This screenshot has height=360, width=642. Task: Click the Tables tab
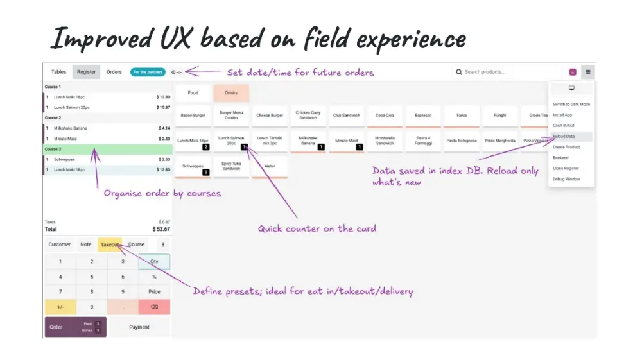(58, 72)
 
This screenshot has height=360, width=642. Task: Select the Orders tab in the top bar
(114, 72)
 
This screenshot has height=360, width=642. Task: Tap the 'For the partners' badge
(148, 72)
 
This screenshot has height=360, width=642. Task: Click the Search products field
(507, 72)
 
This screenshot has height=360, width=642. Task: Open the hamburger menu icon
(587, 72)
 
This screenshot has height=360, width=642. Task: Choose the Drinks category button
(231, 93)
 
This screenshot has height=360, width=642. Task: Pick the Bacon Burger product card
(193, 116)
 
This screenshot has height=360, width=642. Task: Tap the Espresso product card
(423, 116)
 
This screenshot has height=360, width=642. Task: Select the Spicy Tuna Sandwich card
(231, 166)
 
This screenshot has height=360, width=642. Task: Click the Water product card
(270, 166)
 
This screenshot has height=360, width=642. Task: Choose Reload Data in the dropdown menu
(564, 136)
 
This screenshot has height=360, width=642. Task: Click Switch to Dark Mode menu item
(571, 104)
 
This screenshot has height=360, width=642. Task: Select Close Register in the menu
(566, 168)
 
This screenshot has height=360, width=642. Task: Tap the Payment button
(139, 327)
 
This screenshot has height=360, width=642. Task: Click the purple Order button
(75, 327)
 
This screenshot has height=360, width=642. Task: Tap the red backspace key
(154, 307)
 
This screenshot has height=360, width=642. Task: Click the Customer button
(60, 244)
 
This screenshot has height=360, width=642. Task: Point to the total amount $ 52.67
(161, 229)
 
